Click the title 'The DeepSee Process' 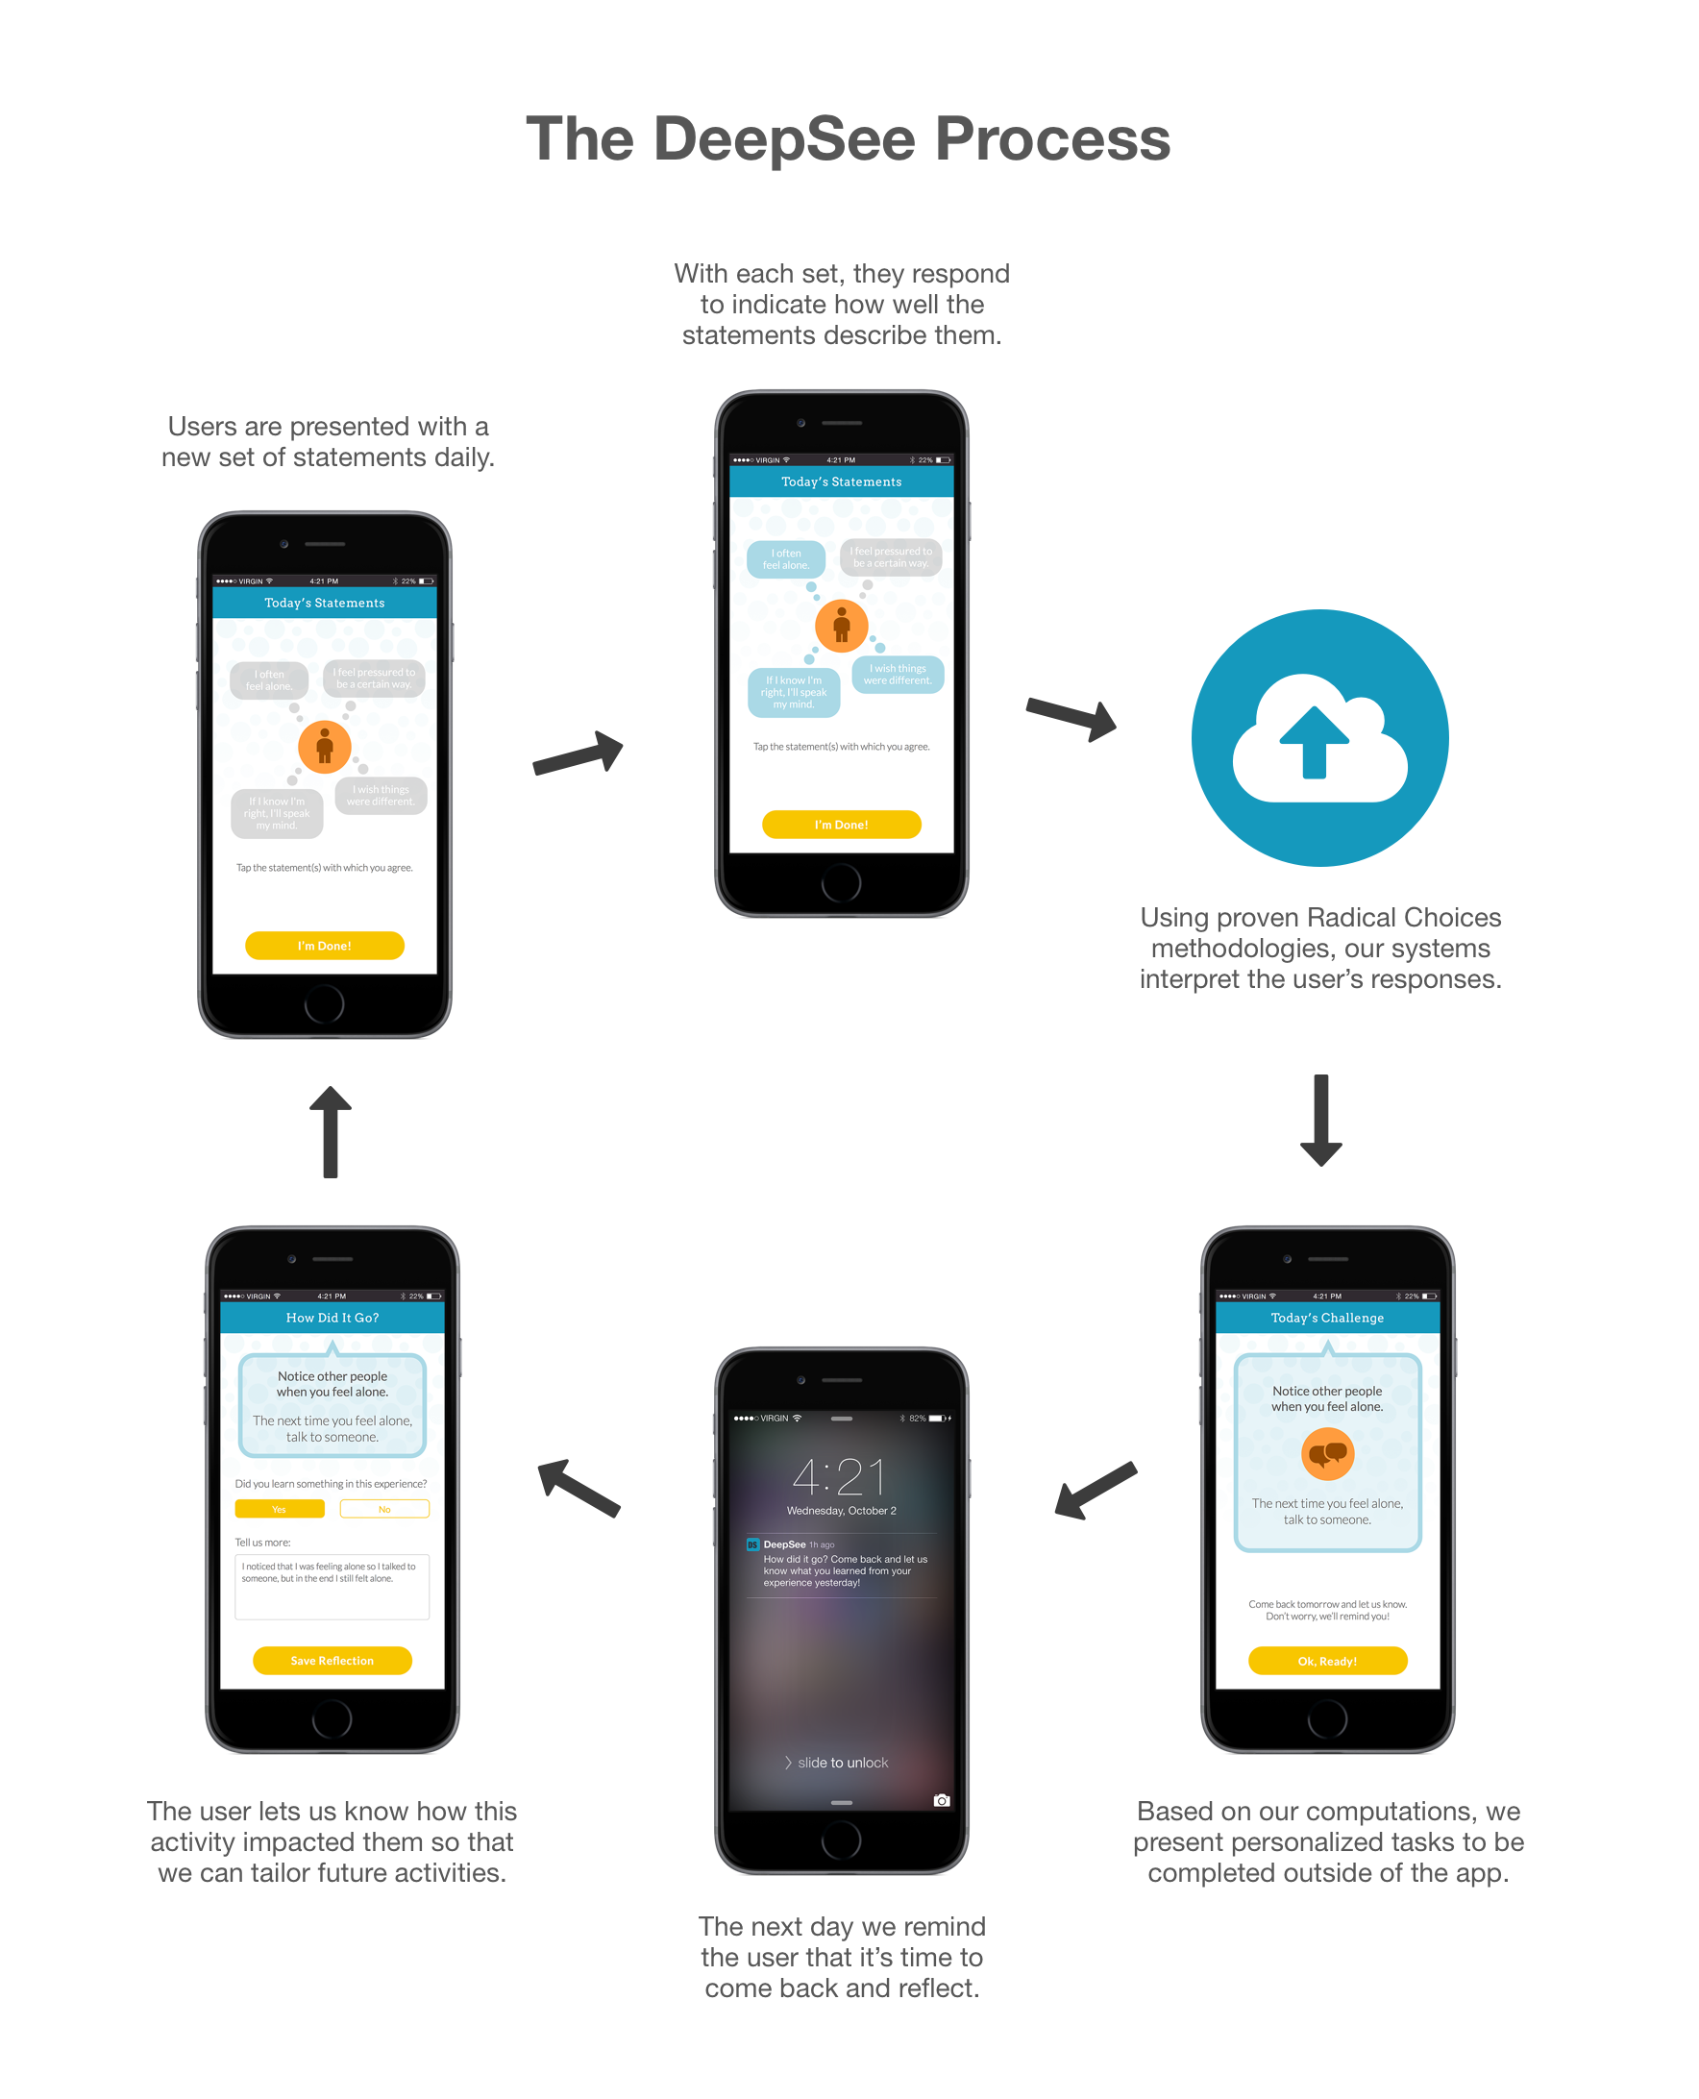[848, 139]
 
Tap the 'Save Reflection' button [332, 1661]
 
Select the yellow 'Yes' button [279, 1509]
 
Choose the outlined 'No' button [384, 1509]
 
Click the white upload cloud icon [1319, 739]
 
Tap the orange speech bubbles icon [1327, 1454]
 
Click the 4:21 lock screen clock [840, 1476]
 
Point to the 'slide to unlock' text [842, 1763]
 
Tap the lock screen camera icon [942, 1800]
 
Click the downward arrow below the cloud [1320, 1121]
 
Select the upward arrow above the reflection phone [331, 1131]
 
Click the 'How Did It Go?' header [332, 1318]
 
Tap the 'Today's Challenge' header [1327, 1318]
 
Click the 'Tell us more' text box [332, 1586]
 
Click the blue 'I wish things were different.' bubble [898, 675]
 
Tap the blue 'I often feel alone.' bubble [786, 558]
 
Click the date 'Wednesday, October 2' [842, 1511]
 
